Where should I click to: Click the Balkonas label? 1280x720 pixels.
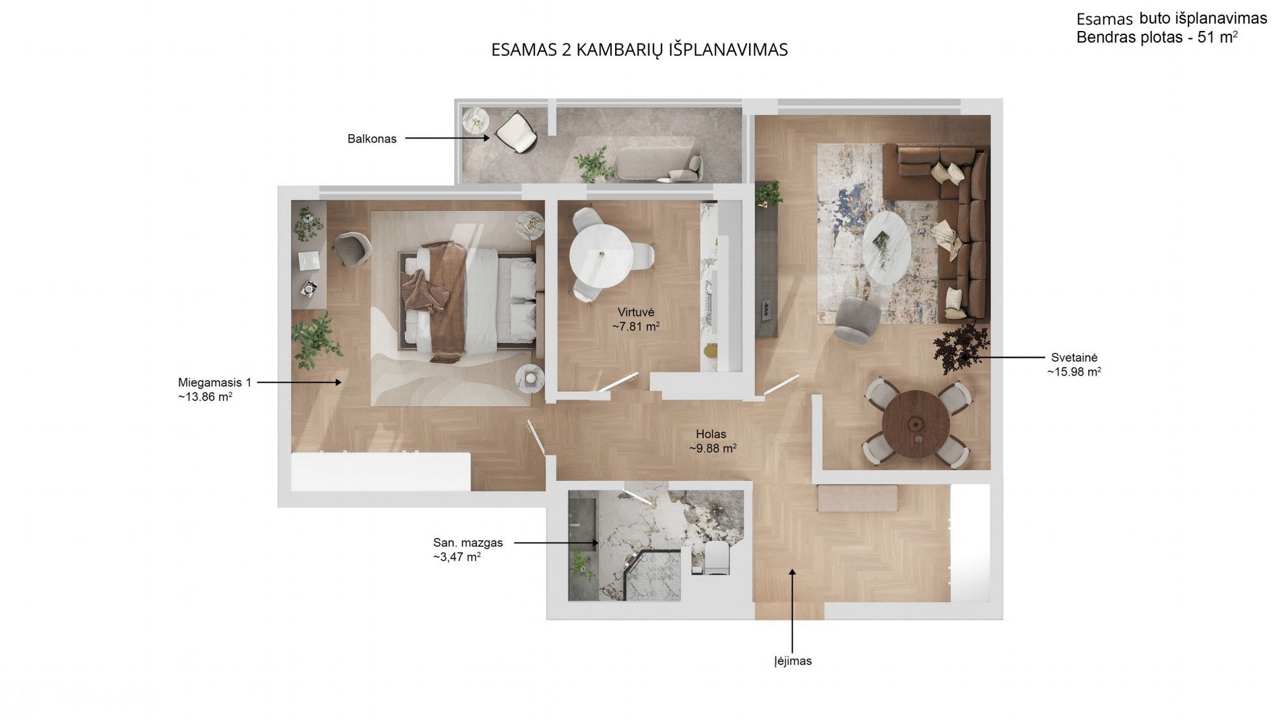pyautogui.click(x=372, y=139)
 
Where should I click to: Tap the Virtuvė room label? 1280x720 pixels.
pyautogui.click(x=636, y=313)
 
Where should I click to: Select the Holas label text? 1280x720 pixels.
pyautogui.click(x=711, y=434)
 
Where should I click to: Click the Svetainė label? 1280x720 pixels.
pyautogui.click(x=1074, y=358)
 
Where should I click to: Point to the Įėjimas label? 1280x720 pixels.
pyautogui.click(x=793, y=661)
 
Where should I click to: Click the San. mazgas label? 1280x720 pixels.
pyautogui.click(x=468, y=543)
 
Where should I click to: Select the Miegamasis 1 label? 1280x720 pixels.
pyautogui.click(x=215, y=383)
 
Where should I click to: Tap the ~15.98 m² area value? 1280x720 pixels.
pyautogui.click(x=1074, y=372)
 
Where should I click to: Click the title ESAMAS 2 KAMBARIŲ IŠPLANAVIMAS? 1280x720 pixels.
pyautogui.click(x=639, y=50)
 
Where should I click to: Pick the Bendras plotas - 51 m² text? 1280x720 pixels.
pyautogui.click(x=1157, y=38)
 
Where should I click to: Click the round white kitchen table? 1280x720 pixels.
pyautogui.click(x=601, y=256)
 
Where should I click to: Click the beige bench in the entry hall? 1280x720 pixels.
pyautogui.click(x=857, y=498)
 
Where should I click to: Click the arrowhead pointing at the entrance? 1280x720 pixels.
pyautogui.click(x=792, y=573)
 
